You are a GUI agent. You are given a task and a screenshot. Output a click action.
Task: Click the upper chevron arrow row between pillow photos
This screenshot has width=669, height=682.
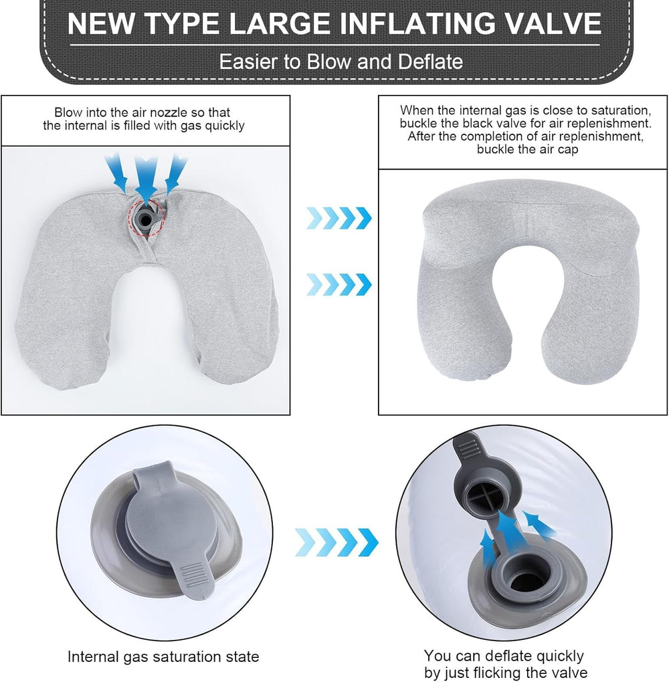coord(339,218)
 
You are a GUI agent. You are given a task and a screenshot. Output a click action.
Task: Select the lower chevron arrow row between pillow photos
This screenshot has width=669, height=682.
coord(339,284)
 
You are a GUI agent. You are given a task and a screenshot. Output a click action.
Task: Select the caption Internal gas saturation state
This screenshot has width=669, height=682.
coord(163,657)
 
